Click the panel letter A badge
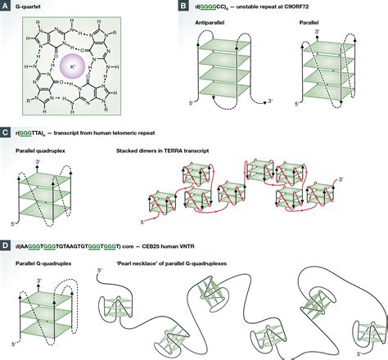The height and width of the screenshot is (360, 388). [6, 7]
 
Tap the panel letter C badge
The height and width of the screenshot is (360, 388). [6, 130]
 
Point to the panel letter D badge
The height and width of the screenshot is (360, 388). [6, 244]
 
